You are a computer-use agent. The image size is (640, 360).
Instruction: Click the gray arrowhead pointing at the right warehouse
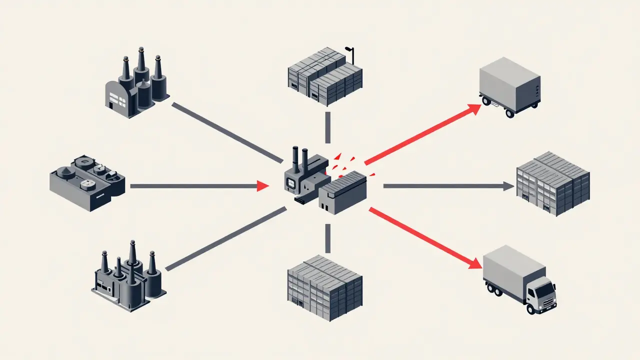(509, 186)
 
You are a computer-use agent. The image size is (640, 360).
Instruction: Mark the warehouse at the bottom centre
(325, 287)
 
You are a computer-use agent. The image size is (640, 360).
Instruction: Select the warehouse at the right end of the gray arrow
(552, 182)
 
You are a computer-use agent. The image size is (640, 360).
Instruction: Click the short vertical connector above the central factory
(328, 127)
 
